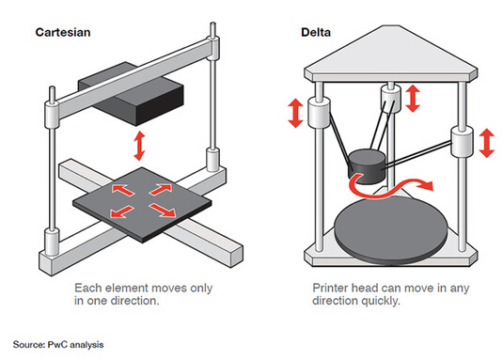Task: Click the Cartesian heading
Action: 63,32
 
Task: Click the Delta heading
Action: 316,32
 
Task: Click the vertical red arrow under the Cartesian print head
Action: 139,146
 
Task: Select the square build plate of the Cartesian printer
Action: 142,205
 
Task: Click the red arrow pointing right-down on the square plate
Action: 163,210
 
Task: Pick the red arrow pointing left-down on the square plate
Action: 121,211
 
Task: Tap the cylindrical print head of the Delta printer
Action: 367,166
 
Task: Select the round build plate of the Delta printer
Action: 391,230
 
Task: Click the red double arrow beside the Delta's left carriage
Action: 295,113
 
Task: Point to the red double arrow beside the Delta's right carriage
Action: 487,143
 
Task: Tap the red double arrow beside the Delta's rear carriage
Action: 413,98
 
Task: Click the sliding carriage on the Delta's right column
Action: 462,142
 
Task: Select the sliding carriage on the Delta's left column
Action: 319,113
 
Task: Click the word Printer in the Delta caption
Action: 330,288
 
